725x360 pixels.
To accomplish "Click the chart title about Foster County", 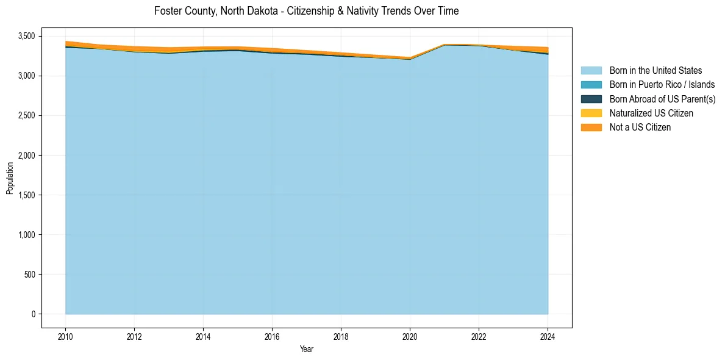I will [x=306, y=11].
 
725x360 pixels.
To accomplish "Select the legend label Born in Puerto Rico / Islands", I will [x=662, y=85].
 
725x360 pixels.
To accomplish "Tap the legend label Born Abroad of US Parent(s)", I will [x=662, y=99].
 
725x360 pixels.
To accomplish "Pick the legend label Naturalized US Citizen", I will [x=651, y=113].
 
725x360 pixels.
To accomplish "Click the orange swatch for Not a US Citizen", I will [x=591, y=128].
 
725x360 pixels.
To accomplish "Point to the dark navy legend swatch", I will [x=591, y=99].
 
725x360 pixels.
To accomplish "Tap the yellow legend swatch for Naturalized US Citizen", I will [x=591, y=113].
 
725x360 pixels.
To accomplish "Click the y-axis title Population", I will [x=10, y=178].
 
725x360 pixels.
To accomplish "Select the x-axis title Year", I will [x=307, y=349].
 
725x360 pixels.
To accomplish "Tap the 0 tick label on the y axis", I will [x=34, y=314].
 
